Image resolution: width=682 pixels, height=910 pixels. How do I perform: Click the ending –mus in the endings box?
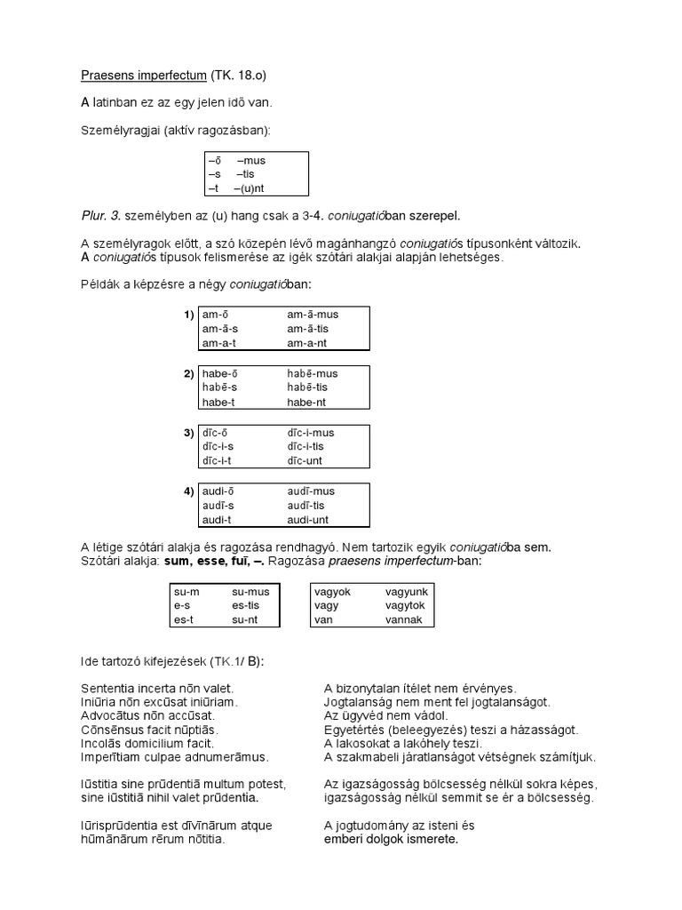pos(251,160)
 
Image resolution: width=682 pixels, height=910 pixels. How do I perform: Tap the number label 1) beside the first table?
pos(188,315)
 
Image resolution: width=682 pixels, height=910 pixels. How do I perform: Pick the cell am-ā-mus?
pos(313,315)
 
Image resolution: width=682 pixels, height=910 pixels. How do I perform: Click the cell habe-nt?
pos(305,402)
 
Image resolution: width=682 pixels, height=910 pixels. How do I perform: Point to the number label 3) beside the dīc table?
pos(188,432)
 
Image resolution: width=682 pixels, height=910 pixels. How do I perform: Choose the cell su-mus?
pos(250,591)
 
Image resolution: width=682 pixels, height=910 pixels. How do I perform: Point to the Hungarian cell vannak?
pos(405,619)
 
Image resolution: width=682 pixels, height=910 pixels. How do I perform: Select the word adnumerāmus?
pos(227,757)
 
